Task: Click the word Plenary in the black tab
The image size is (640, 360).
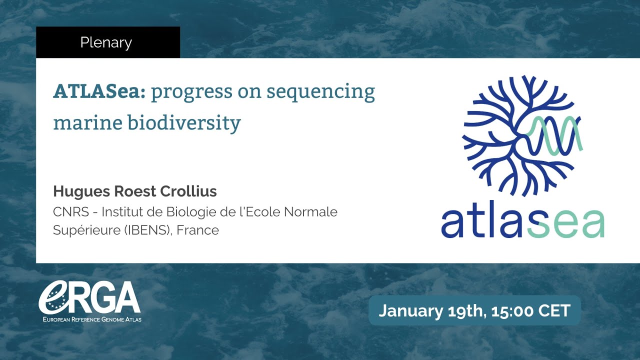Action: tap(106, 42)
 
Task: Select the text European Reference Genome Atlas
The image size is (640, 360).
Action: tap(90, 319)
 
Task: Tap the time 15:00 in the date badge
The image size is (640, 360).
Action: tap(513, 310)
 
